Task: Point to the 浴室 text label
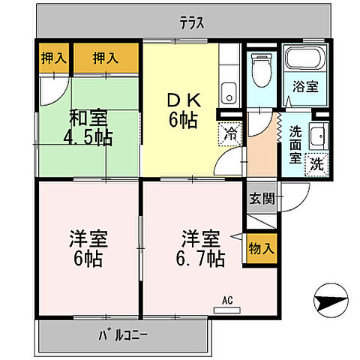305,87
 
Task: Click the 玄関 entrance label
262,199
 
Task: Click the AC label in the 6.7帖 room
227,301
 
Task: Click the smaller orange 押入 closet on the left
52,58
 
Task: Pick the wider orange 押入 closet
106,58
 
